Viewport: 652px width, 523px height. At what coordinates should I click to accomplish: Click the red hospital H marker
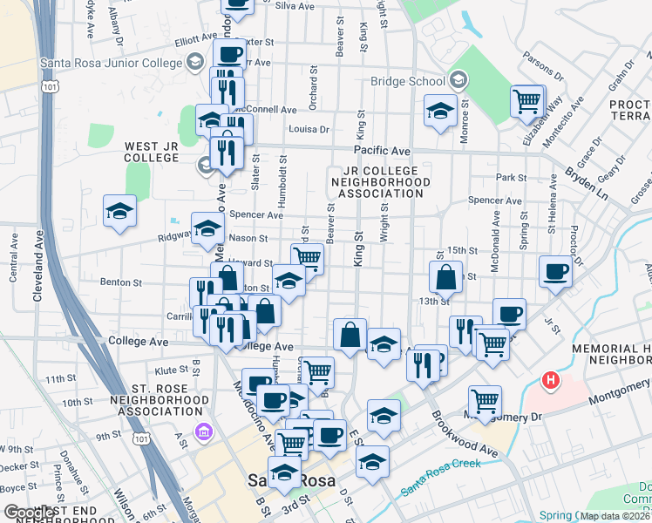point(550,380)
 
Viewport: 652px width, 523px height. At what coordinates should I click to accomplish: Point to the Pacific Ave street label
point(388,151)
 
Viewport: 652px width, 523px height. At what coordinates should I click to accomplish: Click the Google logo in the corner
point(29,513)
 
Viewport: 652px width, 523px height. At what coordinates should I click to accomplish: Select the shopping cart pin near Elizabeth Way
point(527,101)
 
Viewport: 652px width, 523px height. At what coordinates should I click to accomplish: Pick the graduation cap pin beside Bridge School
point(441,111)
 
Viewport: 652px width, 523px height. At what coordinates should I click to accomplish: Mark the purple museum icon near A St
point(203,431)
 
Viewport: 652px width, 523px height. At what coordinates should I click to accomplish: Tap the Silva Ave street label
point(294,6)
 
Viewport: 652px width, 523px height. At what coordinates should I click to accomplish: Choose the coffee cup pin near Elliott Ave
point(229,54)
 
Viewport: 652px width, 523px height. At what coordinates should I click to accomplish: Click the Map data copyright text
point(615,515)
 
